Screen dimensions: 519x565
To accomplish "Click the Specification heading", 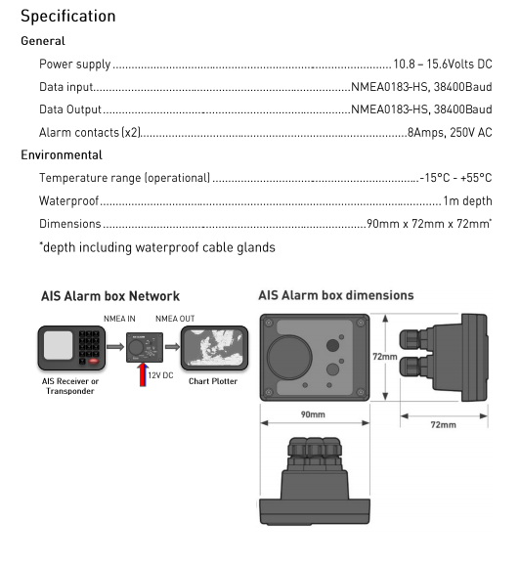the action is pos(68,17).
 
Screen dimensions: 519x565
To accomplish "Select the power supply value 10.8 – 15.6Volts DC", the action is pos(443,65).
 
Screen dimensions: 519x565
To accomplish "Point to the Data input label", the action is pos(65,87).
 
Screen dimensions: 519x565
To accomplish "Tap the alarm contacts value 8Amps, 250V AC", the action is pos(450,133).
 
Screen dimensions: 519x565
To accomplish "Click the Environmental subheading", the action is pos(62,155).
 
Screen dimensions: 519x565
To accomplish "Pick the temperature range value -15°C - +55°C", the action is pos(455,178).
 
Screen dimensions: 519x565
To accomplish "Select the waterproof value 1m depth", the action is pos(467,200).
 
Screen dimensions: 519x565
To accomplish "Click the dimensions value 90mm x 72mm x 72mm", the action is pos(428,224).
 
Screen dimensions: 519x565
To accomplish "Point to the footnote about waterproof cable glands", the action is pos(157,247).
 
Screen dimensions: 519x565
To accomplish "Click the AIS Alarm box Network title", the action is pos(110,296).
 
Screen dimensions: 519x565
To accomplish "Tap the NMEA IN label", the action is pos(119,319).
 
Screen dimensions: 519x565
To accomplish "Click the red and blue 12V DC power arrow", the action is pos(143,374).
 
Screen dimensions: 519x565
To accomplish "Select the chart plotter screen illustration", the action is pos(215,348).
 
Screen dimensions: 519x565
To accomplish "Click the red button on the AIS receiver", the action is pos(94,361).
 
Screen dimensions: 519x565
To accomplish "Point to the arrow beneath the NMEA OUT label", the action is pos(172,347).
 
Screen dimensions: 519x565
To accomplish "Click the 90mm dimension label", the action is pos(313,414).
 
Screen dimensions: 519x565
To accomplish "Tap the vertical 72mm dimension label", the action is pos(385,357).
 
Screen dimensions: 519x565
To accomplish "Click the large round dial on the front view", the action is pos(289,357).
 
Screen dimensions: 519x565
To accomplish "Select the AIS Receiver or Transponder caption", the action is pos(70,386).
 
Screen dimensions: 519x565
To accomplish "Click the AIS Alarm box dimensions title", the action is pos(336,295).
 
